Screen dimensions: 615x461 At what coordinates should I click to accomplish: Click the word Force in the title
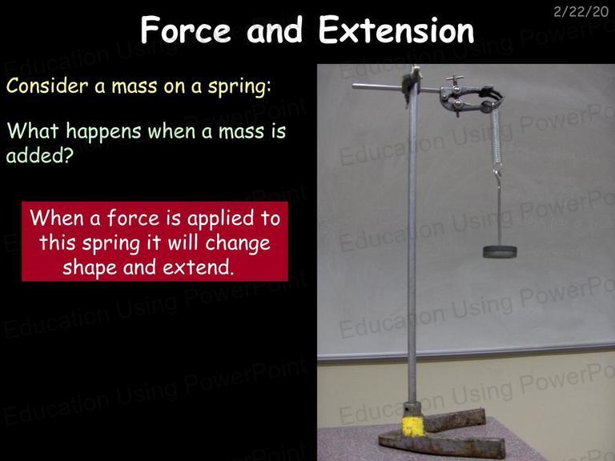click(186, 30)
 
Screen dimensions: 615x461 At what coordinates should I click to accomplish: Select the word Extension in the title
click(396, 30)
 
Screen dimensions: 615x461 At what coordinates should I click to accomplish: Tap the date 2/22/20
click(581, 12)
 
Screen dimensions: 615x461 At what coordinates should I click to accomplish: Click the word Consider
click(47, 86)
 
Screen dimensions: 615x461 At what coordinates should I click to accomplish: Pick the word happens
click(103, 130)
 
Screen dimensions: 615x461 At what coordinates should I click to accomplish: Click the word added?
click(40, 155)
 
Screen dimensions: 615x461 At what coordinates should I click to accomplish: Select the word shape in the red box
click(90, 268)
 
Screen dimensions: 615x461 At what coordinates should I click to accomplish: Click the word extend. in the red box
click(199, 267)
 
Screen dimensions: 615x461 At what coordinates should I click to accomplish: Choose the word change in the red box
click(238, 243)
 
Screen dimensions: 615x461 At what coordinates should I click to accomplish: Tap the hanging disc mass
click(500, 251)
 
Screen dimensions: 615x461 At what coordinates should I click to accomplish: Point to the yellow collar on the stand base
click(413, 427)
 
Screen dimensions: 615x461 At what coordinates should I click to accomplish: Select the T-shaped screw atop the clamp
click(455, 79)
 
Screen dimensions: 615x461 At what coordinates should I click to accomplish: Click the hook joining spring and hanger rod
click(497, 173)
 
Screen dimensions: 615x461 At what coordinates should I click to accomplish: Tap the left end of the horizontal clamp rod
click(353, 86)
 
